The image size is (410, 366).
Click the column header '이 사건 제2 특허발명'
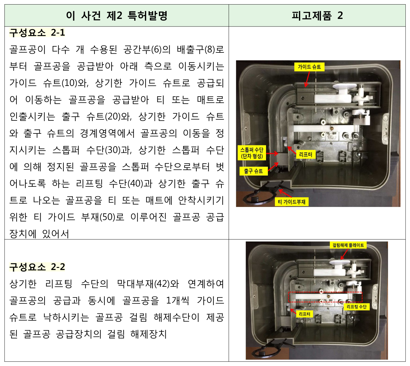tap(117, 16)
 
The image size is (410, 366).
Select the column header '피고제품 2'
tap(317, 16)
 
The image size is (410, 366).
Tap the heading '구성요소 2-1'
tap(37, 33)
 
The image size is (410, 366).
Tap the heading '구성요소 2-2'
tap(37, 267)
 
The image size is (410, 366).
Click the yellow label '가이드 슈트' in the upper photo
tap(309, 67)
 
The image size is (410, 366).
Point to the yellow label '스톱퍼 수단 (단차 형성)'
tap(252, 153)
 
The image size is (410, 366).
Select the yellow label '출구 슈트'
tap(254, 171)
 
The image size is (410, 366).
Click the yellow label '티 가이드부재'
tap(292, 202)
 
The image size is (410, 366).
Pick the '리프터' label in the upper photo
tap(306, 155)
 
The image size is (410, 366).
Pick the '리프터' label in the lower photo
tap(304, 314)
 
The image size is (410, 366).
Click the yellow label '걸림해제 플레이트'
tap(348, 245)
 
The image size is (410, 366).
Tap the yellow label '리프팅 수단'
tap(356, 307)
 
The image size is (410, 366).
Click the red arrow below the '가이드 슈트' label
tap(307, 79)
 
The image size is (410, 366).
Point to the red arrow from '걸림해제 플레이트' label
tap(344, 254)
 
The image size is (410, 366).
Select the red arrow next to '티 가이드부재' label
tap(285, 193)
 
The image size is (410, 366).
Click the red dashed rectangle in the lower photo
tap(325, 292)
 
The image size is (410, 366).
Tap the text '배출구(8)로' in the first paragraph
tap(200, 50)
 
